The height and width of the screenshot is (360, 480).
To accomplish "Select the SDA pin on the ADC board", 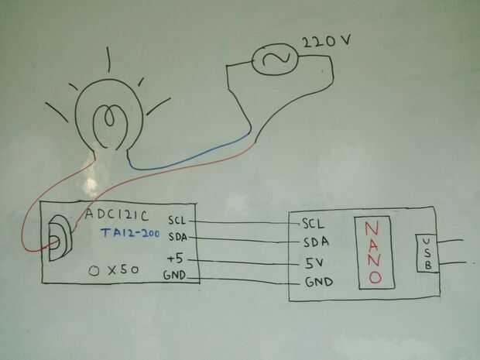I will tap(177, 237).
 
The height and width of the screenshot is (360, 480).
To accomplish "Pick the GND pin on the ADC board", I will tap(174, 276).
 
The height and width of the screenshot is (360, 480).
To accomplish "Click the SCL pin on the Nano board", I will tap(314, 224).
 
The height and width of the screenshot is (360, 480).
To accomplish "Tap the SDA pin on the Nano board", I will tap(316, 242).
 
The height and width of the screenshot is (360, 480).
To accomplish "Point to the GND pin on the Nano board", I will tap(318, 282).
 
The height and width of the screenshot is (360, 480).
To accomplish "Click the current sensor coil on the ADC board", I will tap(58, 241).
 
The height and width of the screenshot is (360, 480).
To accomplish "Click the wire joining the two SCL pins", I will tap(244, 221).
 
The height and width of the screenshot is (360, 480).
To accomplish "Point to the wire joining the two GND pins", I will tap(244, 279).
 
